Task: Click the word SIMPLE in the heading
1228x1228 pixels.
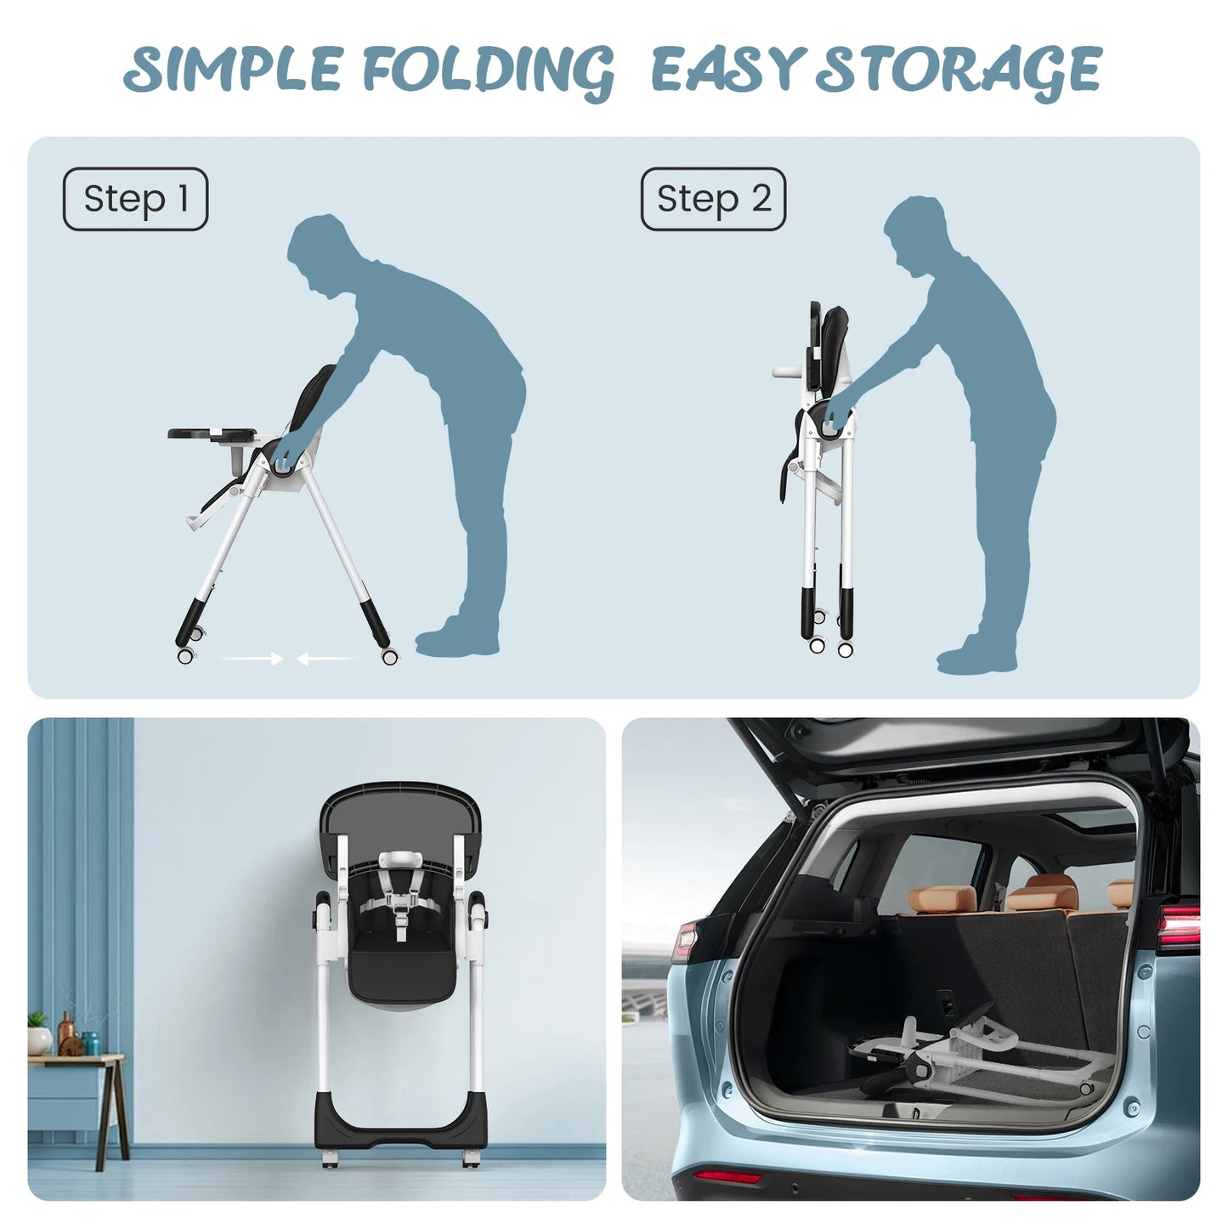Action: [x=233, y=69]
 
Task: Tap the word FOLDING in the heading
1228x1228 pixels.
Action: [x=489, y=72]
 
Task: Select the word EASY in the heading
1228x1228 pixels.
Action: [x=725, y=69]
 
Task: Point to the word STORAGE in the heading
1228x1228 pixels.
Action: [x=959, y=72]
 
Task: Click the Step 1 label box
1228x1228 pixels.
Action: [x=136, y=199]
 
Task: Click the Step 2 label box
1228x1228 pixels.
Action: [x=713, y=199]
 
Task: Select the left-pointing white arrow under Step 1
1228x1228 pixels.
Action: [x=327, y=659]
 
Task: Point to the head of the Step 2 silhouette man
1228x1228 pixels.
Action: [x=919, y=235]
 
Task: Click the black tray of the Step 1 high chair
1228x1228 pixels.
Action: [x=212, y=434]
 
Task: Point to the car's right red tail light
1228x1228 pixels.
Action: [x=1179, y=926]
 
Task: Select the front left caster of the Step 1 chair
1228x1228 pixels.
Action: [x=185, y=655]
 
